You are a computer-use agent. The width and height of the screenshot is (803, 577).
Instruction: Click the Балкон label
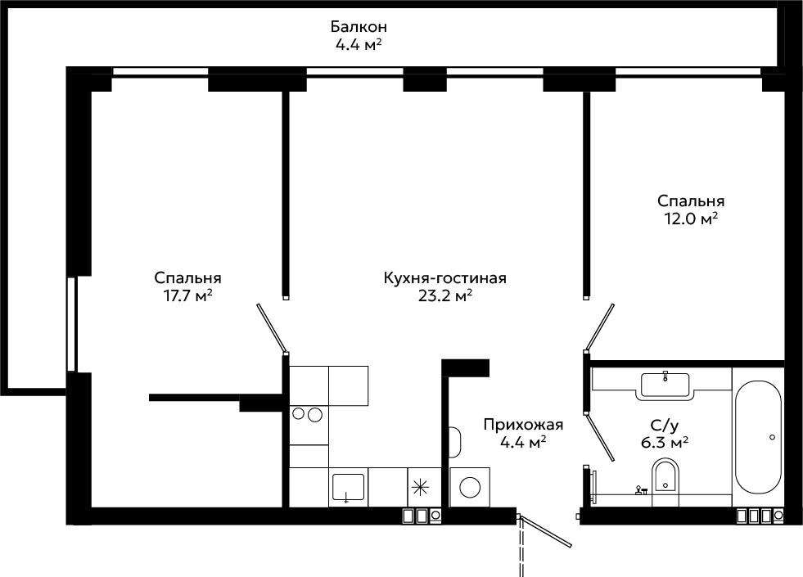(359, 26)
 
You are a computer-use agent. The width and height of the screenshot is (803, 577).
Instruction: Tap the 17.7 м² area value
(187, 296)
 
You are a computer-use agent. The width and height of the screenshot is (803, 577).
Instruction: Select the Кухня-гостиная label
(445, 278)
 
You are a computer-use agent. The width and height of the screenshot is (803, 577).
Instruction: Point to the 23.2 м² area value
(445, 296)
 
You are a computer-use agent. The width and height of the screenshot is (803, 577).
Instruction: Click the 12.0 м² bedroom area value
(691, 219)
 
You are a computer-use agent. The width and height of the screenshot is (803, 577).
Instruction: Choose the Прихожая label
(523, 425)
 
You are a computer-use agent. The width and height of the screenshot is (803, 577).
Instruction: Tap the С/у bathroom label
(664, 425)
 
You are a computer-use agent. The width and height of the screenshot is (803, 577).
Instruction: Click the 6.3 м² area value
(664, 441)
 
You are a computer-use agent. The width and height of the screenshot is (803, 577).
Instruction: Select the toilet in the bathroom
(665, 476)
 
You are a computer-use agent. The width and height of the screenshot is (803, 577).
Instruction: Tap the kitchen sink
(348, 487)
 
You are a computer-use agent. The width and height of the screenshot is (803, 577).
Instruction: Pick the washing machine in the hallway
(470, 487)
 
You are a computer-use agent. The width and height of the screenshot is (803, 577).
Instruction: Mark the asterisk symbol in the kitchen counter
(420, 487)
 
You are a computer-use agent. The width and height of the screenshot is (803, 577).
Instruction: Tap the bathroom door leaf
(600, 437)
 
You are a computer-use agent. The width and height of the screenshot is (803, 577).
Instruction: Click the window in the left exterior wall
(71, 324)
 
